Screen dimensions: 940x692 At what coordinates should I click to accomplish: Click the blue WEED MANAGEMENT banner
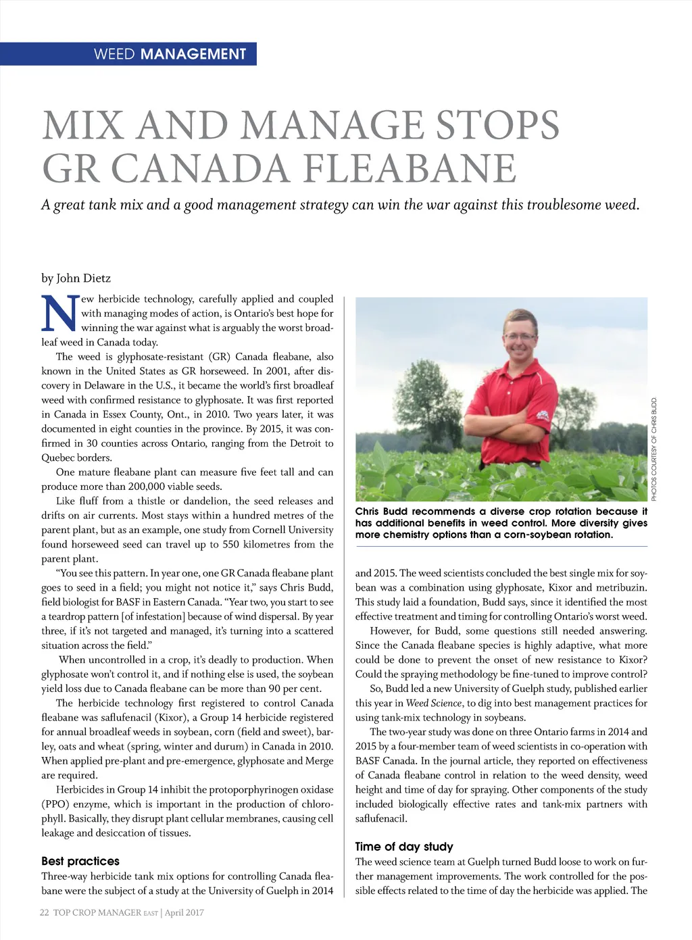point(128,54)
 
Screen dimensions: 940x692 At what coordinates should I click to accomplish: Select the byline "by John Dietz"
point(76,278)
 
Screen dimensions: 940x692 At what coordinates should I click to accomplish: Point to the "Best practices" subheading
point(80,861)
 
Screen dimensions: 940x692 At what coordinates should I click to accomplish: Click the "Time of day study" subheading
point(404,847)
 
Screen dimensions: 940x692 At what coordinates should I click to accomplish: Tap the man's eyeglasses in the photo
point(520,336)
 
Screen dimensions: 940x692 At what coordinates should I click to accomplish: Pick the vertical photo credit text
point(654,449)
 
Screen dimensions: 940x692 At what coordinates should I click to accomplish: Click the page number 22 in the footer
point(45,912)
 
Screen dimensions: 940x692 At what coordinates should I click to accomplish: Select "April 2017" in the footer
point(184,912)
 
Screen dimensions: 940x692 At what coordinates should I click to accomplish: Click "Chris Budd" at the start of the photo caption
point(380,512)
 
